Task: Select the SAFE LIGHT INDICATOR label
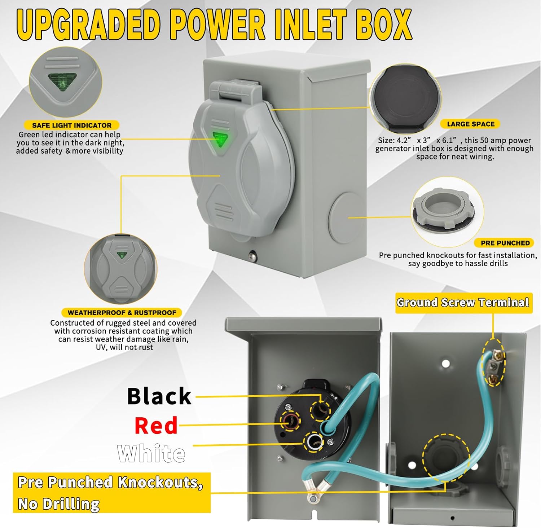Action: pyautogui.click(x=72, y=126)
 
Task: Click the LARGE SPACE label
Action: pyautogui.click(x=470, y=124)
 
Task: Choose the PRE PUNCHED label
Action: pyautogui.click(x=505, y=243)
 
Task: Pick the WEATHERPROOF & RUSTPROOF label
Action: pyautogui.click(x=122, y=313)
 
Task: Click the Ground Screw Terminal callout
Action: pyautogui.click(x=463, y=303)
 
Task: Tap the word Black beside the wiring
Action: pyautogui.click(x=159, y=396)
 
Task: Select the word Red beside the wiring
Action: pyautogui.click(x=156, y=426)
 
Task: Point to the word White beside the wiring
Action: pyautogui.click(x=151, y=453)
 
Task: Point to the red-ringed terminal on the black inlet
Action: pyautogui.click(x=291, y=421)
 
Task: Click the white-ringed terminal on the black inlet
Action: pyautogui.click(x=314, y=441)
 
